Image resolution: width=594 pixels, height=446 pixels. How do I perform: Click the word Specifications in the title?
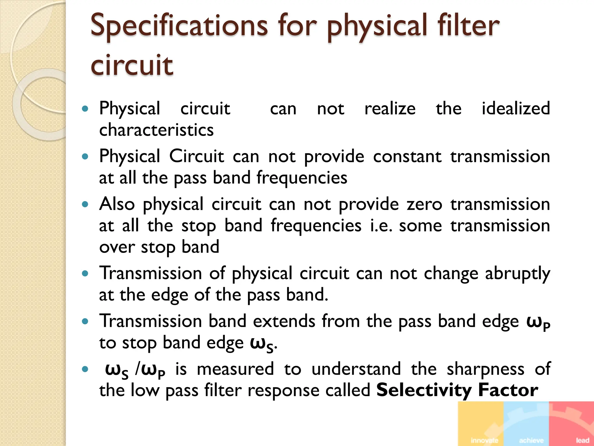coord(179,26)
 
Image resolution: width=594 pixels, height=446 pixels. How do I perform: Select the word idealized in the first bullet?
coord(516,108)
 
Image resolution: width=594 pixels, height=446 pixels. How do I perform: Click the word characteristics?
coord(156,130)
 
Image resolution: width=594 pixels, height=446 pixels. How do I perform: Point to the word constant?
coord(407,156)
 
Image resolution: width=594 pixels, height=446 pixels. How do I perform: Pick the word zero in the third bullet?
coord(424,204)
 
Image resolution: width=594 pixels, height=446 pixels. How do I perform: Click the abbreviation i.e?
coord(381,225)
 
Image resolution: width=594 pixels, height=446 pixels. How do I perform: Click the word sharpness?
coord(485,369)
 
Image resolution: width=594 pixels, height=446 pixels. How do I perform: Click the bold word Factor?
coord(508,390)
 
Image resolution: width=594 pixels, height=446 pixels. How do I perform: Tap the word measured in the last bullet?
coord(235,369)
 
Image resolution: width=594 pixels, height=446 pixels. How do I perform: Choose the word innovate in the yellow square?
coord(484,440)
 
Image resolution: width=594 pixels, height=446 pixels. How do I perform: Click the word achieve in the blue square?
coord(531,440)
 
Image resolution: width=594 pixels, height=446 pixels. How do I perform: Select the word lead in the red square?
coord(582,440)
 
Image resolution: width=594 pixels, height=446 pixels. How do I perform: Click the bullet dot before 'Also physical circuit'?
coord(85,204)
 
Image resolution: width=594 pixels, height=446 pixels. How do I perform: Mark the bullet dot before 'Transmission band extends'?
coord(85,321)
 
